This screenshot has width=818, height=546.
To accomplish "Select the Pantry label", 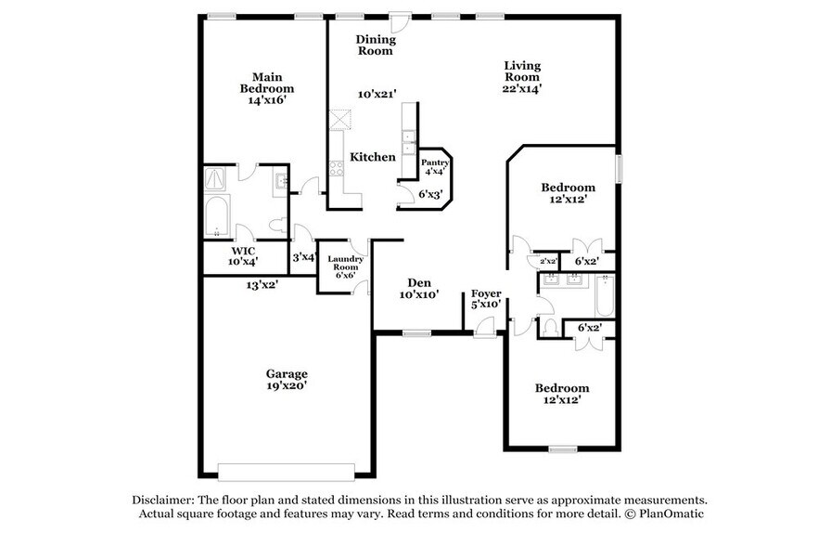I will [435, 162].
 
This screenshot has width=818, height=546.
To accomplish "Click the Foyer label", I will [486, 293].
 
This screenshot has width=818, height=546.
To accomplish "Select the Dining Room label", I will [377, 45].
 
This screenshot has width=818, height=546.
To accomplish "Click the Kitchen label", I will [372, 157].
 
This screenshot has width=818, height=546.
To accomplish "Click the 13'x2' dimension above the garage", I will [261, 285].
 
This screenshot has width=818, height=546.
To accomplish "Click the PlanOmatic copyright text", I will [659, 513].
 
